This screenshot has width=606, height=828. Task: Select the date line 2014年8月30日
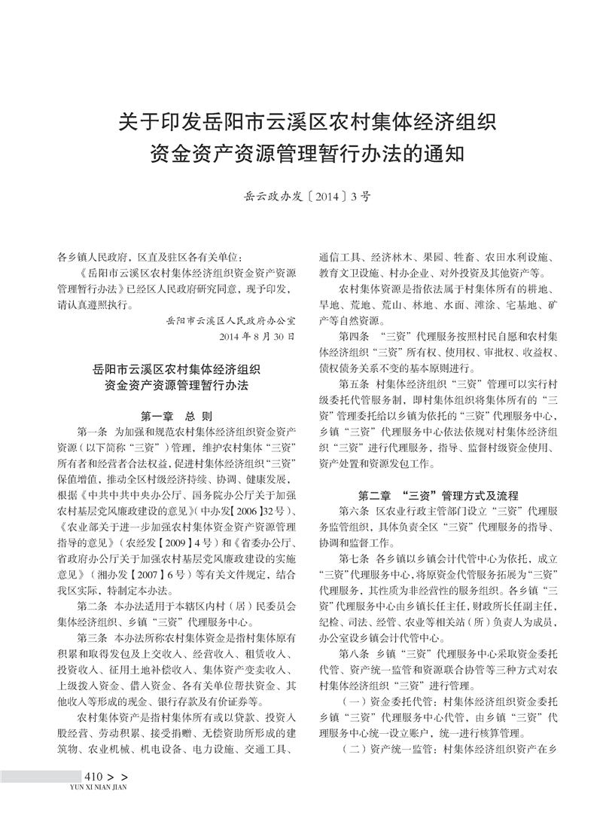coord(256,335)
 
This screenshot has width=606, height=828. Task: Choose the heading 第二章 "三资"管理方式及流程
coord(438,496)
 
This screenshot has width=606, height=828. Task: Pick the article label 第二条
coord(93,606)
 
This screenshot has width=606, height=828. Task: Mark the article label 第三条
coord(93,637)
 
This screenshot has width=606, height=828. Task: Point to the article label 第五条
coord(355,383)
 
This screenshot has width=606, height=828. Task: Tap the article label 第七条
coord(355,559)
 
